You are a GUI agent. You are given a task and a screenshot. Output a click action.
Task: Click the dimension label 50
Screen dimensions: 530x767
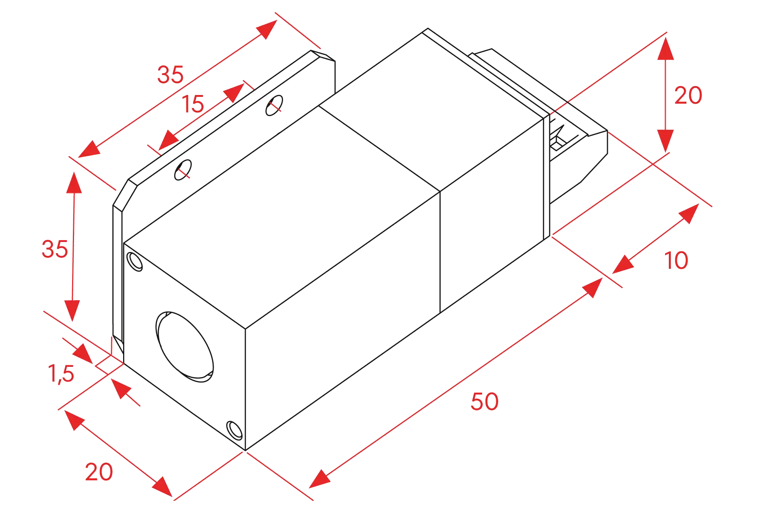pos(484,401)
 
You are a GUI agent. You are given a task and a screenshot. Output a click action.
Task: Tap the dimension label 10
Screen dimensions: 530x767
pos(676,260)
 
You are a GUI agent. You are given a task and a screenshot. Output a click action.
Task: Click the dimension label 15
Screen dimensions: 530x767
pos(193,104)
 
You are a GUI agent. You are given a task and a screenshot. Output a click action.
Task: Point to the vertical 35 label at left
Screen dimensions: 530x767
pos(54,249)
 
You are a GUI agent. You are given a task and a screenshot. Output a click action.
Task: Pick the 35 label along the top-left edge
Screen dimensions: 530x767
pos(170,74)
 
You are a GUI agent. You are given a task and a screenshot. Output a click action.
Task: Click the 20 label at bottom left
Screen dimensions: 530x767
pos(99,472)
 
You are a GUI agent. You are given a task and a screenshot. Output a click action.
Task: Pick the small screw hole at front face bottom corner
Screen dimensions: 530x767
pos(234,430)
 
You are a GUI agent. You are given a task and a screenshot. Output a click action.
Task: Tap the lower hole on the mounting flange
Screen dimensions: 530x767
pos(183,170)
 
